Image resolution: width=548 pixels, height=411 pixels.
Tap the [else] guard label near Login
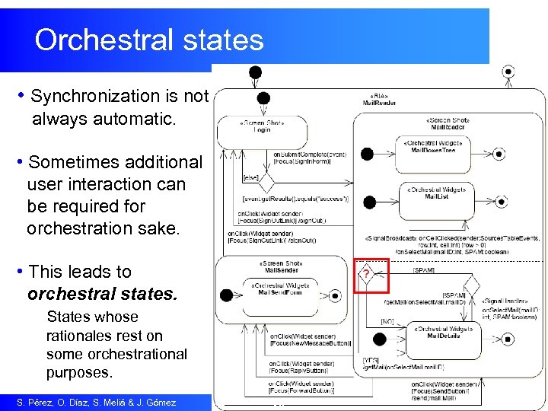(250, 178)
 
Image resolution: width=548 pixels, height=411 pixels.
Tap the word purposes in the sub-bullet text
(78, 373)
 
